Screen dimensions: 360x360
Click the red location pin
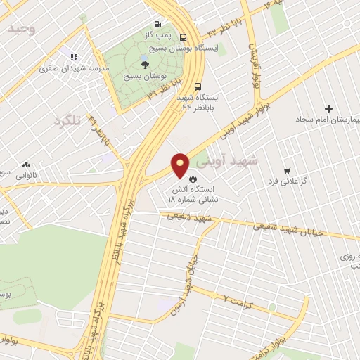click(181, 165)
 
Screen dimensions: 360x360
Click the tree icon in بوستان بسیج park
click(144, 63)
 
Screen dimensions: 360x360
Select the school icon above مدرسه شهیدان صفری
click(72, 57)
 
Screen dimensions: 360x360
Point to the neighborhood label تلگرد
click(67, 121)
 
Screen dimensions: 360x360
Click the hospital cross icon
click(328, 108)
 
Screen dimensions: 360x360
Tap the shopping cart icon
click(286, 171)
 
